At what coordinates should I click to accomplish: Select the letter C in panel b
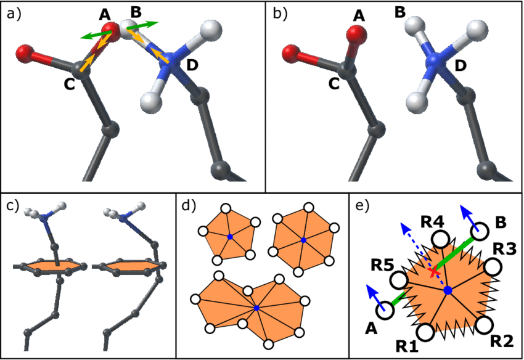(x=334, y=84)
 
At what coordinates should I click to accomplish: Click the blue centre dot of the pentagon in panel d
(x=230, y=237)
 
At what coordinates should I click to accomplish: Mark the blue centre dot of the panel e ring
(x=448, y=290)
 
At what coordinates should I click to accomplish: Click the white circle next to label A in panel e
(x=386, y=310)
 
